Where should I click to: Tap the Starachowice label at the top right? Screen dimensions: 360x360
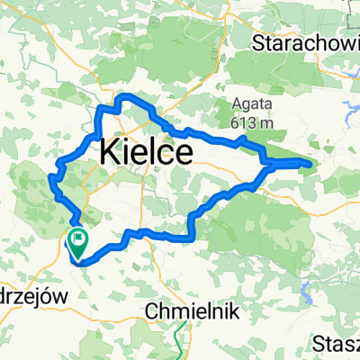point(306,42)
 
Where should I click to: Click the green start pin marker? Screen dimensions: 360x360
point(77,239)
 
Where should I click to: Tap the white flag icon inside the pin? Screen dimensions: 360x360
point(77,238)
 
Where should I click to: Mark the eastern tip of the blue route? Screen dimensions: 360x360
point(310,164)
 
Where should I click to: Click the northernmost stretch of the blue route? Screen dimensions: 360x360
point(126,96)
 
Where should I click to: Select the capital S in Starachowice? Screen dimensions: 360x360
point(260,42)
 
